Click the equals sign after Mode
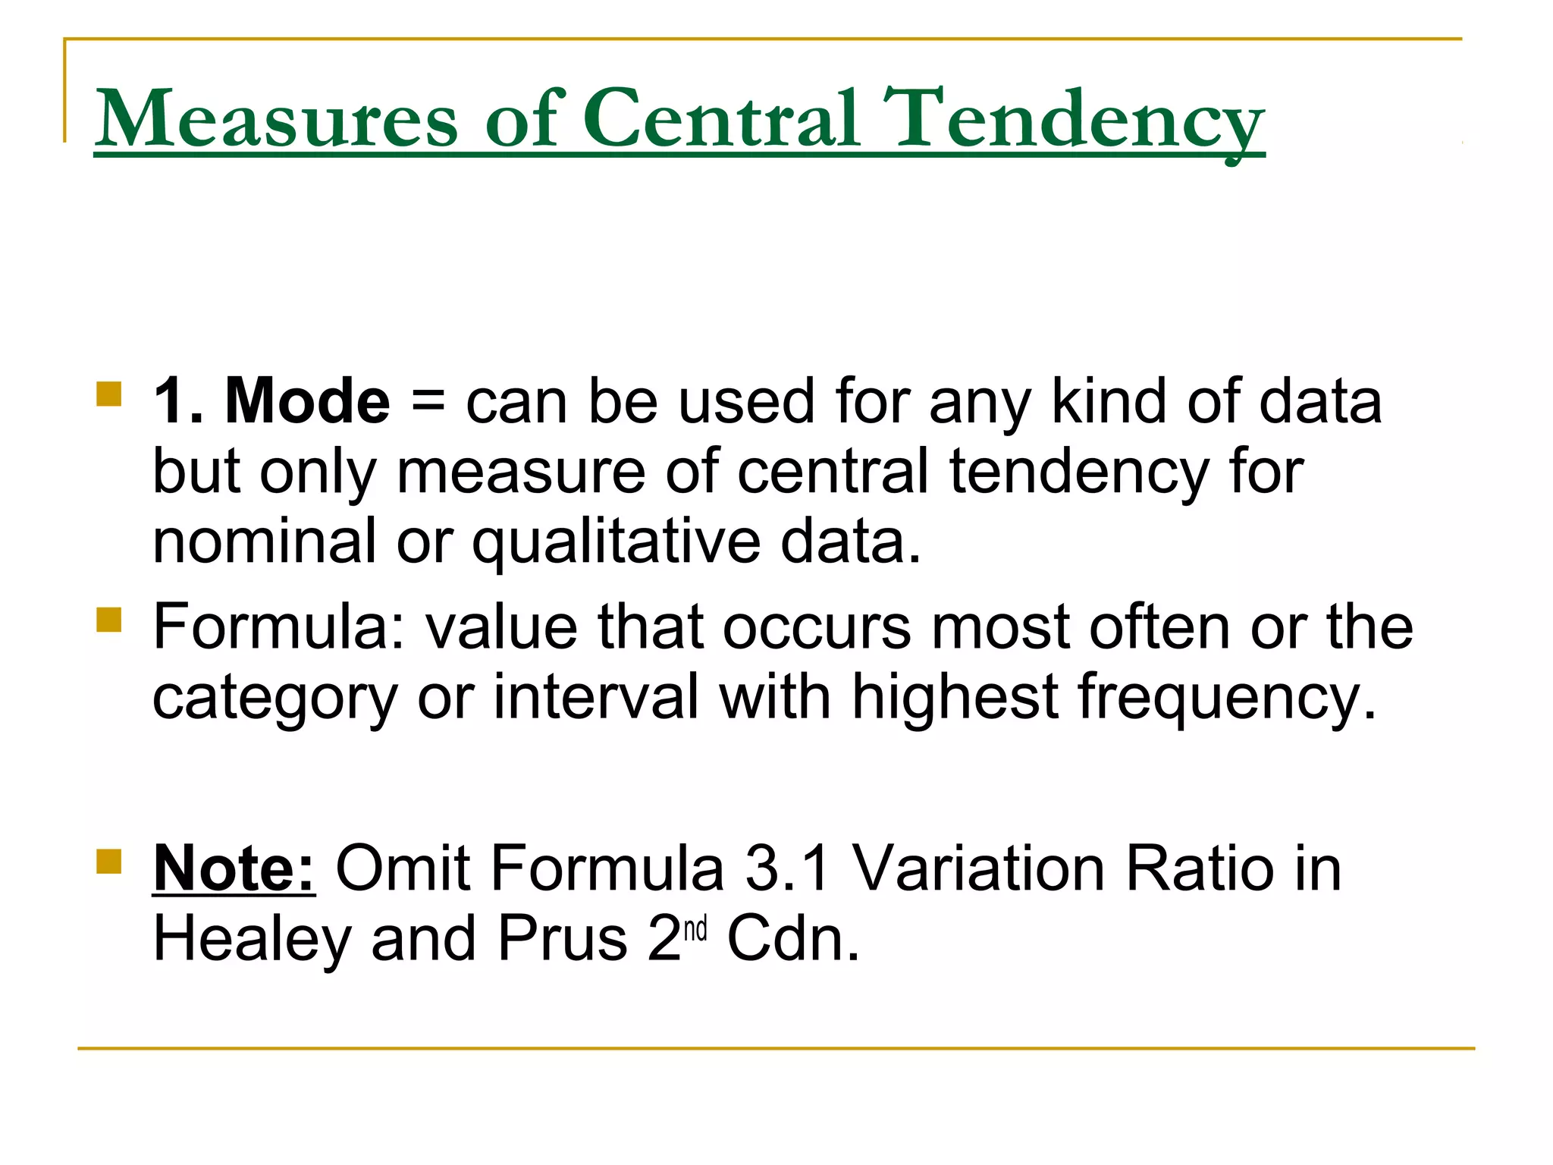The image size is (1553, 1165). coord(428,402)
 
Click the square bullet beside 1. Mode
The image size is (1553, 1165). coord(109,394)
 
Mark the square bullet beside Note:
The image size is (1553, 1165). coord(109,861)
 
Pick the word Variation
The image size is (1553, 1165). coord(979,868)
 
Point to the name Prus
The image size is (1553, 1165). coord(562,939)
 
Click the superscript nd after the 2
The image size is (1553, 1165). coord(695,928)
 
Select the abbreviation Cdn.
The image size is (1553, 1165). coord(793,939)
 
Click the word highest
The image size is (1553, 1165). coord(955,698)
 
